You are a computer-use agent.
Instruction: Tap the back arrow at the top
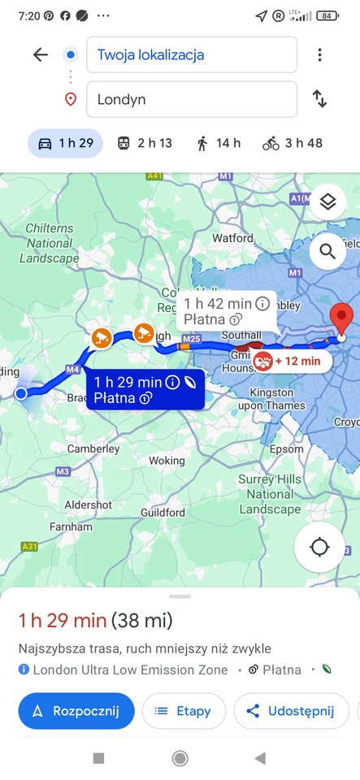coord(40,54)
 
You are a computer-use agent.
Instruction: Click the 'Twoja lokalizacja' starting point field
coord(191,55)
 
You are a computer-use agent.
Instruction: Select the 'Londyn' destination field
coord(191,99)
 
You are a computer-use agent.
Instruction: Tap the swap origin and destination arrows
coord(319,99)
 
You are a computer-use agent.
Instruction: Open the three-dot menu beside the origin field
coord(319,55)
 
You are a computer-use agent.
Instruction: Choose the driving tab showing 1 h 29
coord(66,143)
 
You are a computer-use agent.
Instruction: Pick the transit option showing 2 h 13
coord(144,143)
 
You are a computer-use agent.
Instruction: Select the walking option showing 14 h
coord(218,143)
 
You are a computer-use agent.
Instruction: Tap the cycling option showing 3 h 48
coord(292,143)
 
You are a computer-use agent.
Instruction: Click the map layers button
coord(327,202)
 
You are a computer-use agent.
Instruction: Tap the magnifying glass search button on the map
coord(327,252)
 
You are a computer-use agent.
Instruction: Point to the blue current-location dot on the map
coord(21,394)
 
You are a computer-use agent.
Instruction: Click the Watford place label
coord(233,238)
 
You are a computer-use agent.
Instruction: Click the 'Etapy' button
coord(184,711)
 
